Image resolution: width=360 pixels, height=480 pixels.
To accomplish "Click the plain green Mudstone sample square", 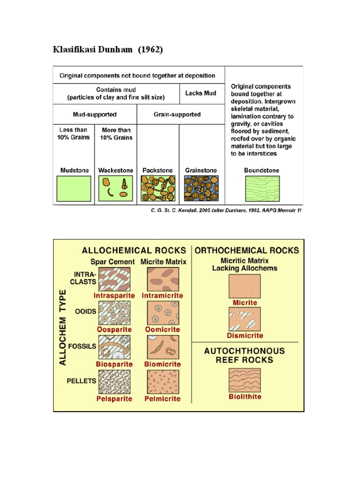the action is [74, 188].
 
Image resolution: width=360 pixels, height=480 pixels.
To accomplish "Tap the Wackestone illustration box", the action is [116, 188].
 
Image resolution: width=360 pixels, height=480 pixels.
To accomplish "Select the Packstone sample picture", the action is [158, 188].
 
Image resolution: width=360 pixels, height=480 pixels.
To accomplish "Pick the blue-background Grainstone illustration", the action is [201, 188].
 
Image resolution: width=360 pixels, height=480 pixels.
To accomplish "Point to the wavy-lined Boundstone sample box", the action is [262, 188].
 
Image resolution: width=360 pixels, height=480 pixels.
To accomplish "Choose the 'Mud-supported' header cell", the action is [95, 114].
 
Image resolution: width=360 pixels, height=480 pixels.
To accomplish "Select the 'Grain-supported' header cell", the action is [180, 114].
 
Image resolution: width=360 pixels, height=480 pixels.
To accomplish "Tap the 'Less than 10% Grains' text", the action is [74, 134].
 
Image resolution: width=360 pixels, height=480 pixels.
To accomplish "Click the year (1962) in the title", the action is [150, 49].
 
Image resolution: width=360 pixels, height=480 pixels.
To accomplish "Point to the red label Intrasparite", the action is [114, 296].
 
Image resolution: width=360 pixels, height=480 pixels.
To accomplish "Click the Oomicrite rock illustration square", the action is [163, 313].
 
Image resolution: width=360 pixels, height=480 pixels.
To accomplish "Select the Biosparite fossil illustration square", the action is [114, 347].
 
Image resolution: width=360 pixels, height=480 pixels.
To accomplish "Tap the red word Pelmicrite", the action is [163, 399].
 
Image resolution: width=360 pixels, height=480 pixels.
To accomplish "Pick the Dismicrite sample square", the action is [245, 319].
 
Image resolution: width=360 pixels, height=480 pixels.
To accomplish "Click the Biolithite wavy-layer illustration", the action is [245, 380].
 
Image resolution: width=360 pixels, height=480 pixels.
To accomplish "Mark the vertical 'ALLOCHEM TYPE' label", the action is [62, 328].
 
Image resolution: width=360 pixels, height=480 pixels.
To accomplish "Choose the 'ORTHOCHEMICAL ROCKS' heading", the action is [247, 250].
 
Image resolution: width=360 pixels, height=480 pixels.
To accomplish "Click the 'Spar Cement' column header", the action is [112, 262].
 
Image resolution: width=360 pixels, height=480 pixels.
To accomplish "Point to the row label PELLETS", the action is [82, 381].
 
